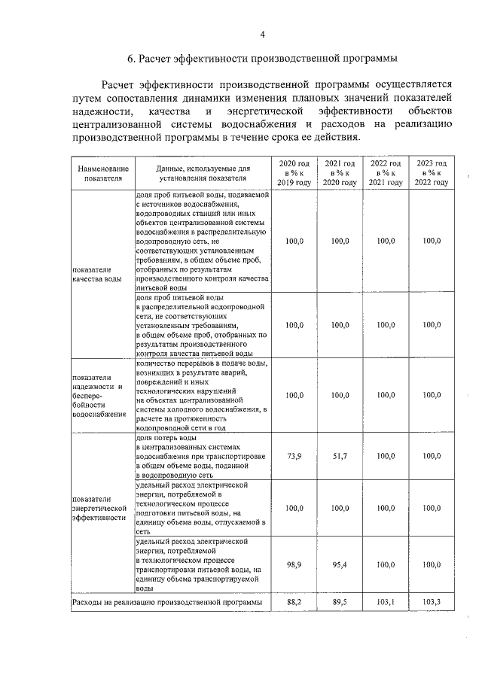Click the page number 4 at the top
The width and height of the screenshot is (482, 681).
point(262,34)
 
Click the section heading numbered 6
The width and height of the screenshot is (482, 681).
point(262,58)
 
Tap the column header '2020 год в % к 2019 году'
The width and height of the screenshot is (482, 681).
point(294,173)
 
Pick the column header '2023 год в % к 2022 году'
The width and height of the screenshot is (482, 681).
point(432,173)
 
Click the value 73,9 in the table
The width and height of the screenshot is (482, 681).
point(294,457)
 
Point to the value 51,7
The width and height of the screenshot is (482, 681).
point(340,457)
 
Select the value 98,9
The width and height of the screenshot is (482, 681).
point(294,564)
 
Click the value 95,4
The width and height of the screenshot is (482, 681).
point(340,564)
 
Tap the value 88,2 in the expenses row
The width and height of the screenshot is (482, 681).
point(294,602)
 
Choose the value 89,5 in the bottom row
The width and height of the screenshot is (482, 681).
point(340,602)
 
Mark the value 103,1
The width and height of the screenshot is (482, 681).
point(386,602)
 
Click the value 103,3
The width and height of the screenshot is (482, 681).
point(432,602)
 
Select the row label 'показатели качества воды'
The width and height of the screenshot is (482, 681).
point(96,273)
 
